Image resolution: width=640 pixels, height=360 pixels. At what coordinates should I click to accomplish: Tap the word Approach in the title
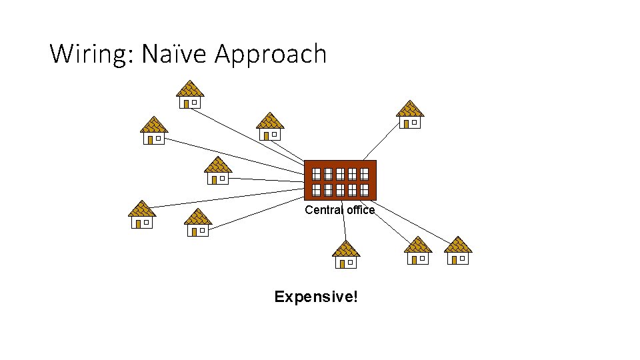click(271, 54)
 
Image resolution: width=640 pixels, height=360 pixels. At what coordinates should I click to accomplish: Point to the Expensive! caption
click(316, 297)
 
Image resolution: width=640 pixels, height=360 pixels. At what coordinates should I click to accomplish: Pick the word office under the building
click(361, 210)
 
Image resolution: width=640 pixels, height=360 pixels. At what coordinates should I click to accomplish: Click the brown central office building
click(340, 180)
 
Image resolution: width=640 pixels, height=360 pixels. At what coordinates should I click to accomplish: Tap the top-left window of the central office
click(317, 174)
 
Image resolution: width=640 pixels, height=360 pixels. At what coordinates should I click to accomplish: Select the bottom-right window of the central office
click(364, 190)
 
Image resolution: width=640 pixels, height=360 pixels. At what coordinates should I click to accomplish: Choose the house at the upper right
click(410, 115)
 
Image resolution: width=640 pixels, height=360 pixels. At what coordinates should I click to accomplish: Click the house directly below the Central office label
click(346, 255)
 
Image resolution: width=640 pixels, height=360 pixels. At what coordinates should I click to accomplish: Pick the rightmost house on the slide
click(458, 251)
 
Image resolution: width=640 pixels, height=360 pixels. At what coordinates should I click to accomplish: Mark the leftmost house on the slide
click(141, 214)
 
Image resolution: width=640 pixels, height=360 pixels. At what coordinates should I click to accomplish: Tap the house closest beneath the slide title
click(190, 95)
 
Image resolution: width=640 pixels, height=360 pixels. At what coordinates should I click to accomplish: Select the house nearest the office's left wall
click(217, 171)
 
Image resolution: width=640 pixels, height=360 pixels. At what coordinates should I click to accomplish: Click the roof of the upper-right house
click(410, 109)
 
